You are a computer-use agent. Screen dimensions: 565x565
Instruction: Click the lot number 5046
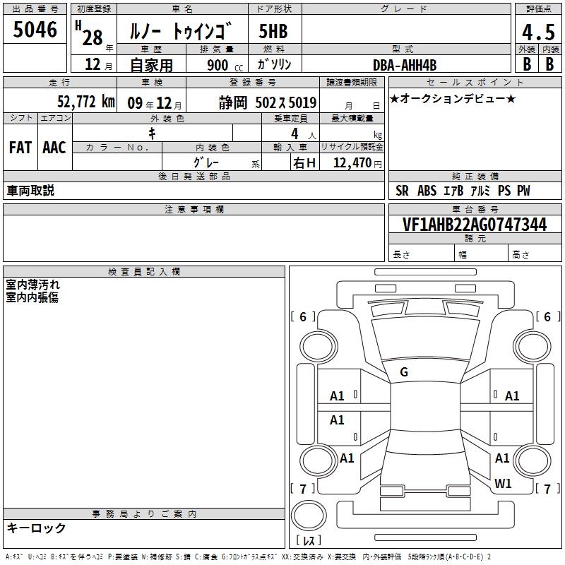35,30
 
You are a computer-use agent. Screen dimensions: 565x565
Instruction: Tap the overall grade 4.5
538,32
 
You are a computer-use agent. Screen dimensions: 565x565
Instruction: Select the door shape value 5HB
273,31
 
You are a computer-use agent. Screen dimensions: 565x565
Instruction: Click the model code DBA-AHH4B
405,65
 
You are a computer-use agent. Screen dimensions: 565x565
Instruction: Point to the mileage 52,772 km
86,101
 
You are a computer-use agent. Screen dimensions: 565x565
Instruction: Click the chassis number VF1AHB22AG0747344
475,225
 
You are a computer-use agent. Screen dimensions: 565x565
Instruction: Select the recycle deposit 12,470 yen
357,163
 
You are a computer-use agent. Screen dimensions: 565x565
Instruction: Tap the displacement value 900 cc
225,65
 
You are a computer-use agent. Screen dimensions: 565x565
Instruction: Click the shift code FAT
20,148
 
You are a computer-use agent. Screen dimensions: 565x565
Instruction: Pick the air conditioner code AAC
54,148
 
